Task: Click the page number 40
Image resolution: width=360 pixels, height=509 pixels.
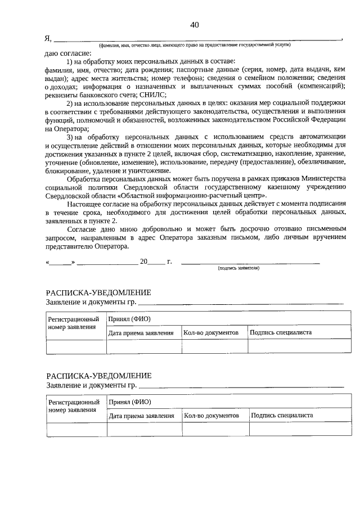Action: pos(195,25)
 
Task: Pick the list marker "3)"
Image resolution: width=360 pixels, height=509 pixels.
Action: pos(71,137)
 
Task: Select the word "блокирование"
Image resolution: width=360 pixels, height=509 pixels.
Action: pos(68,170)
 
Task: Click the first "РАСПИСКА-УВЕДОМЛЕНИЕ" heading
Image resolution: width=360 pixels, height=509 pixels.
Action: pos(98,293)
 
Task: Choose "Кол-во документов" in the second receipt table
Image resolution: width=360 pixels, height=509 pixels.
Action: pos(212,415)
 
